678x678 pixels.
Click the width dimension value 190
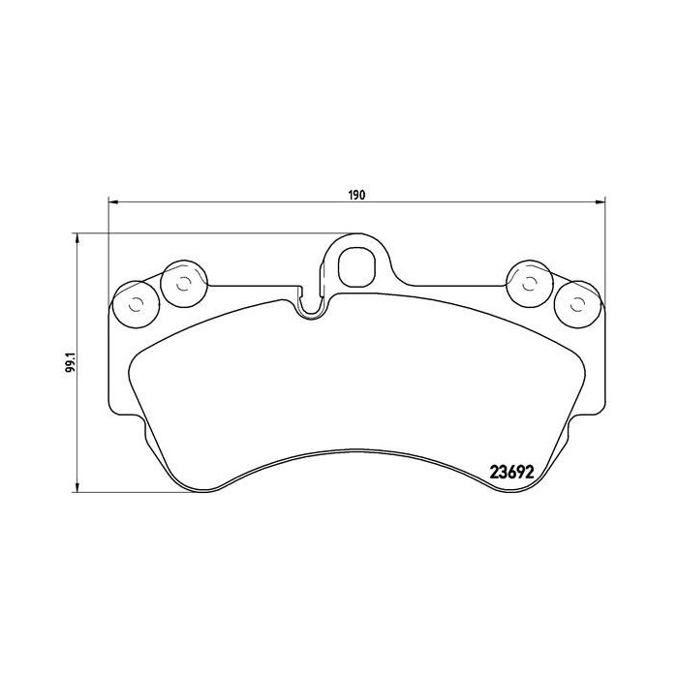coord(356,195)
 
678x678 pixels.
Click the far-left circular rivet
coord(134,304)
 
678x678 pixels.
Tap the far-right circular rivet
coord(576,304)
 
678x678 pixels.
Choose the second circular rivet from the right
coord(529,283)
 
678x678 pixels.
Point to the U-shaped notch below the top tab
coord(311,306)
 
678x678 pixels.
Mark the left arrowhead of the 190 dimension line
coord(112,201)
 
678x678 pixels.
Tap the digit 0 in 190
coord(362,195)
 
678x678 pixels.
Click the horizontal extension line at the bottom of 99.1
coord(194,492)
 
